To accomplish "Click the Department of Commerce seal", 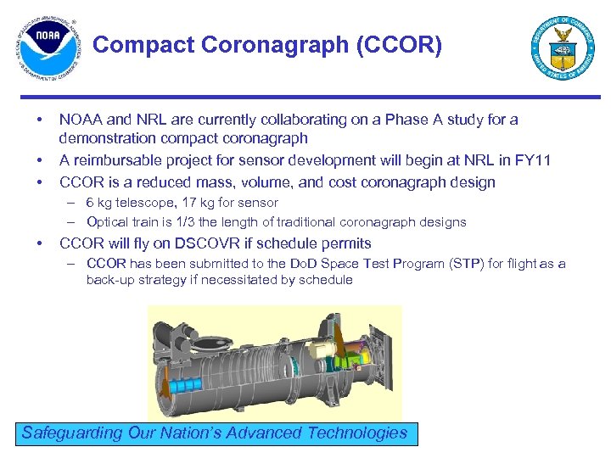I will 563,48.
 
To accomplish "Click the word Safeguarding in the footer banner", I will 71,433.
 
